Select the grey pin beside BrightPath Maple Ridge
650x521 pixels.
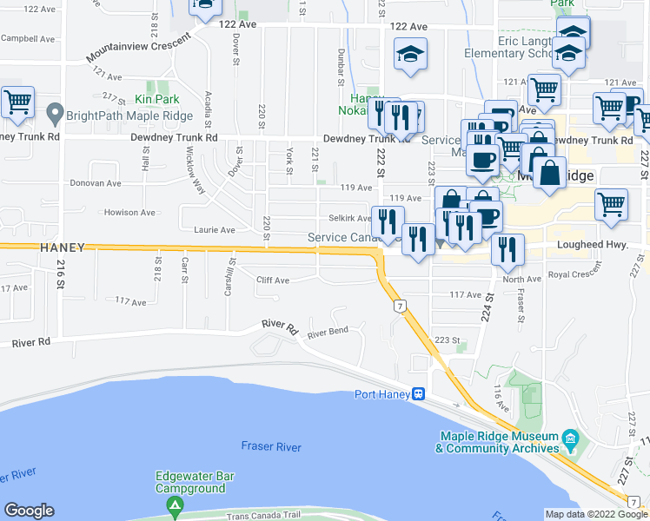(54, 114)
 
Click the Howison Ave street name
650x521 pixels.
(129, 212)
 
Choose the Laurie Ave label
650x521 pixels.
(215, 230)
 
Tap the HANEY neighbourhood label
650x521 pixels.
(63, 247)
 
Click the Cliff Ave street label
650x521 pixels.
(272, 280)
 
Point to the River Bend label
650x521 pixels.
(328, 332)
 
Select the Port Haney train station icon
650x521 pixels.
(418, 393)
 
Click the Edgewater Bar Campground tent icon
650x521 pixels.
(176, 506)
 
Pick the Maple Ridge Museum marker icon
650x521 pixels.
(570, 437)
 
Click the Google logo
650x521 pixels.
(29, 511)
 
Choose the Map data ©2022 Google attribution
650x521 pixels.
(596, 514)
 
